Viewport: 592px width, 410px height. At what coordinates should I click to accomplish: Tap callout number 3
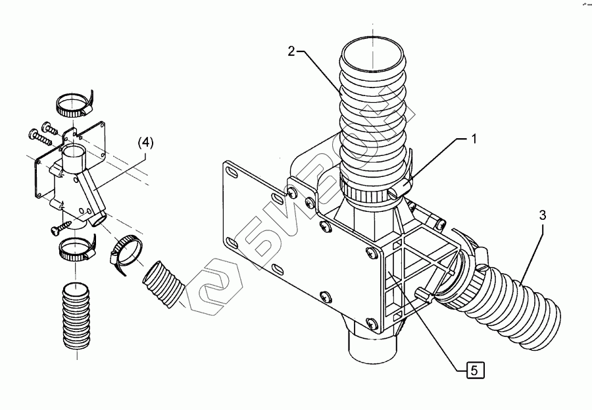543,216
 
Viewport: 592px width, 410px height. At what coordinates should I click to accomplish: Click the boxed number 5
474,371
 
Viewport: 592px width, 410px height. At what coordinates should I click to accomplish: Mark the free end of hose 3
550,325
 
